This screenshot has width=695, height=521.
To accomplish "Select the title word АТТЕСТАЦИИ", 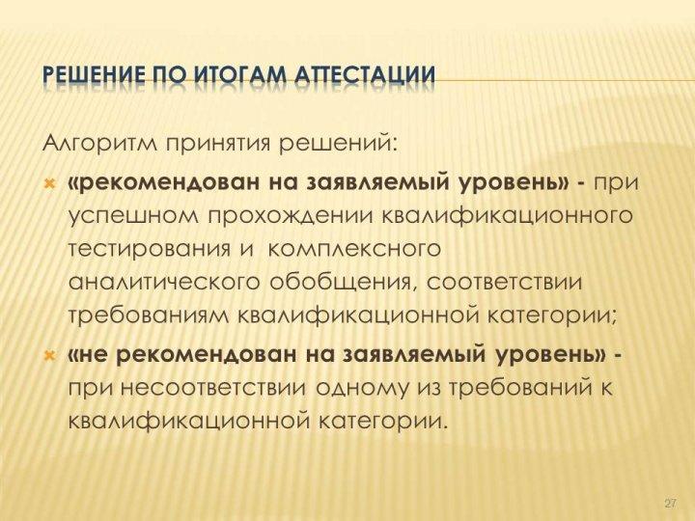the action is (365, 76).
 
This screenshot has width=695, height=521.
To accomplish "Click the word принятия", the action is (218, 147).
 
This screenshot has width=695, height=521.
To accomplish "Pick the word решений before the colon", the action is (336, 146).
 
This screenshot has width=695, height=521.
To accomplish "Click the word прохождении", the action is (288, 215).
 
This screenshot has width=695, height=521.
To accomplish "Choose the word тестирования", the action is (150, 250).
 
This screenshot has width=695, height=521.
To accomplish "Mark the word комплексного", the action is (354, 250).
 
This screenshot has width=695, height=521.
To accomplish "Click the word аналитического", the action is (164, 283).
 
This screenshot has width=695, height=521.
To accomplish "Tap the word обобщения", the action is (343, 283).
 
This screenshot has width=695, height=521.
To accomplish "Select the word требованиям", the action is (150, 315).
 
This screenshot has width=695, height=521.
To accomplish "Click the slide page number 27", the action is (671, 504).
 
